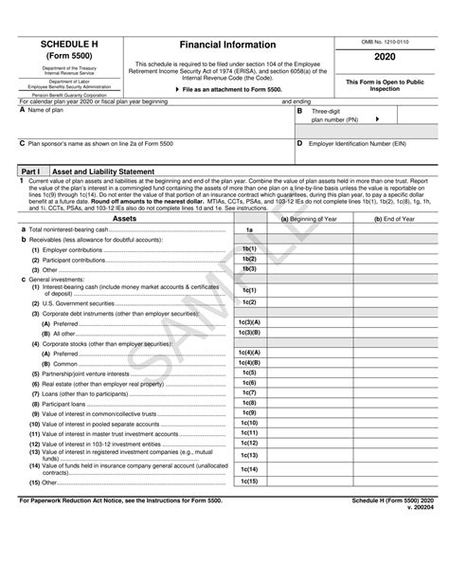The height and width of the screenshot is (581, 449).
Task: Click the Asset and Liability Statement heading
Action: pyautogui.click(x=102, y=171)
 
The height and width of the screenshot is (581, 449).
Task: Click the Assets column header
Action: pyautogui.click(x=124, y=218)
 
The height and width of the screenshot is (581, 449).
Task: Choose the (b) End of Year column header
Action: pyautogui.click(x=393, y=218)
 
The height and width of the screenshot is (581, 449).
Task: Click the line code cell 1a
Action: pyautogui.click(x=249, y=229)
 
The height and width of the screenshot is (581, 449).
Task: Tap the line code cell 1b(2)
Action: pyautogui.click(x=249, y=259)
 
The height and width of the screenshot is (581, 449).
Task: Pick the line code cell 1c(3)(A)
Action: pyautogui.click(x=249, y=323)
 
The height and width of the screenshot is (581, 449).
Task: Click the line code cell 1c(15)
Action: pyautogui.click(x=249, y=481)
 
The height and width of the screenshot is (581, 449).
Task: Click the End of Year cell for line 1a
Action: pyautogui.click(x=393, y=229)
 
